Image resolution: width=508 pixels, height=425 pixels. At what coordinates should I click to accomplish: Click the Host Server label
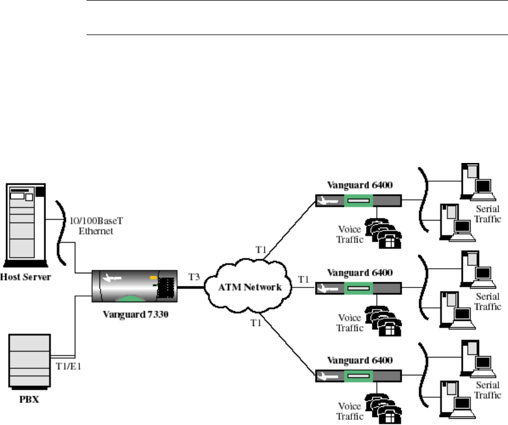point(27,277)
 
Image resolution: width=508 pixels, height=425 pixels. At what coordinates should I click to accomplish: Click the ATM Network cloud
point(250,286)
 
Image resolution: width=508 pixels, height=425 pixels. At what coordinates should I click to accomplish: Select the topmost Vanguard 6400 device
point(358,201)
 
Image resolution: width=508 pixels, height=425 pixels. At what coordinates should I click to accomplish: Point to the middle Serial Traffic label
point(487,302)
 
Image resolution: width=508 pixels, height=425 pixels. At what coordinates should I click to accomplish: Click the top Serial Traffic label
point(487,214)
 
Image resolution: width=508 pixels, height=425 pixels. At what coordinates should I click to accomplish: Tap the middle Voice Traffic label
point(349,323)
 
